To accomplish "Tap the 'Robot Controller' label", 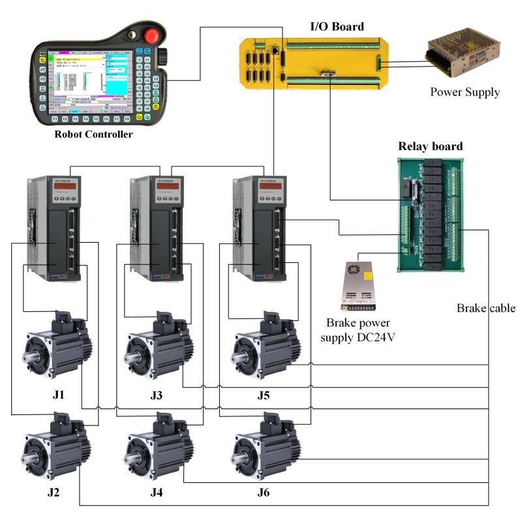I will point(93,134).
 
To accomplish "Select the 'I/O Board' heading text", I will point(336,27).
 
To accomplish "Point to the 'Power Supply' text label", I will point(465,92).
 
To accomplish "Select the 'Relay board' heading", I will point(431,146).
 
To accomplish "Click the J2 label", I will point(54,492).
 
